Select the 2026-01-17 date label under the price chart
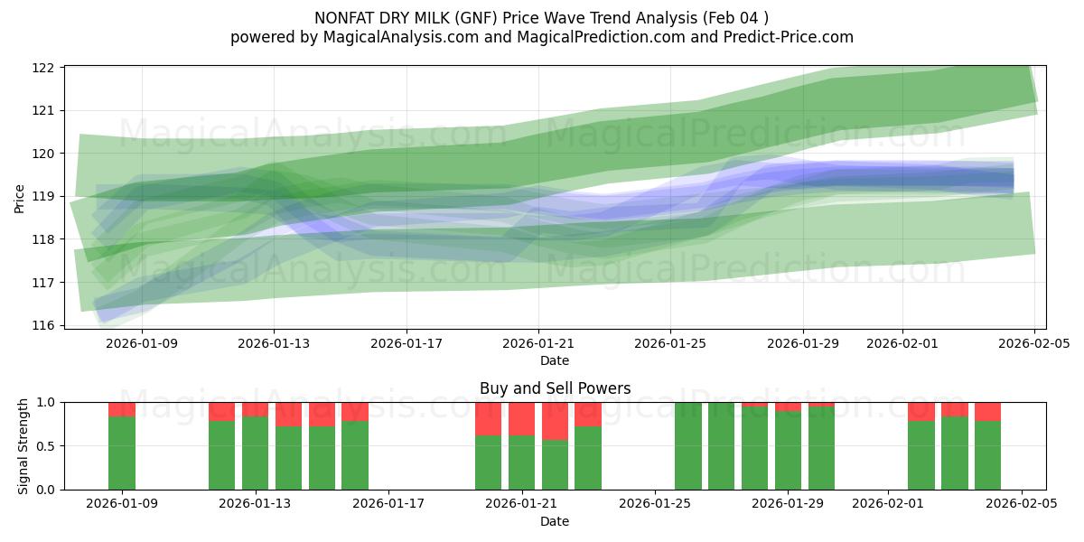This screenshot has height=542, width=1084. [406, 343]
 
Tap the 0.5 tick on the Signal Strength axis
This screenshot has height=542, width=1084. [46, 446]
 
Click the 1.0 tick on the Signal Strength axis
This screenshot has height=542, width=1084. [46, 402]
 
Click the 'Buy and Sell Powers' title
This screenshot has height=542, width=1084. [555, 389]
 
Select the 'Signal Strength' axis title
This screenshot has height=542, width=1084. [23, 446]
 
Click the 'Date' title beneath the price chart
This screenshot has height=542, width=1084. [555, 360]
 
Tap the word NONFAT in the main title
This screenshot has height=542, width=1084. [344, 18]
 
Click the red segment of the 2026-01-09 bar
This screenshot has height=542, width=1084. [122, 409]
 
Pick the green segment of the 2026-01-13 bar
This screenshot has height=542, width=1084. [256, 453]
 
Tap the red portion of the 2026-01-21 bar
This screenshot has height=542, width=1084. [521, 419]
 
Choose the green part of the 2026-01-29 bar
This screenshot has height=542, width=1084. [788, 451]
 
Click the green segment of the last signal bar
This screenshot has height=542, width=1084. [987, 455]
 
